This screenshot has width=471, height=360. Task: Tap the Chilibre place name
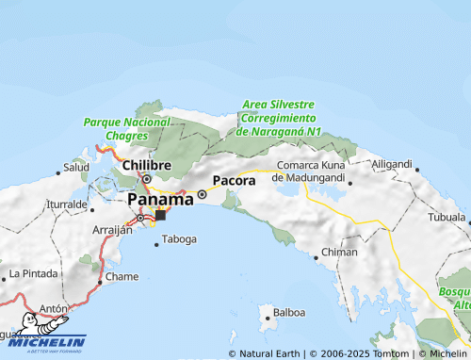click(x=147, y=165)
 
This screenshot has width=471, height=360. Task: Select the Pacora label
click(x=234, y=179)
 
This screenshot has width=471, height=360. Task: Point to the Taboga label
click(x=180, y=239)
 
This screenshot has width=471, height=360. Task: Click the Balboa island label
click(x=288, y=312)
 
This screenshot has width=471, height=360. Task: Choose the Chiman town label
click(x=339, y=253)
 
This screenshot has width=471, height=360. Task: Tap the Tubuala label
click(x=447, y=217)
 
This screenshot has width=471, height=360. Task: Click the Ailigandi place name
click(x=392, y=164)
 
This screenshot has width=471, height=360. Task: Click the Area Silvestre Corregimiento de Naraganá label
click(x=281, y=118)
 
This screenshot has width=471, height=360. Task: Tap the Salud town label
click(x=75, y=168)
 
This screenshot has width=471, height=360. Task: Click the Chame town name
click(x=122, y=277)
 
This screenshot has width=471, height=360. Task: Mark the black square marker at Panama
click(x=160, y=215)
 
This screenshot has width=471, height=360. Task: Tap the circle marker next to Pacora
click(x=202, y=195)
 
